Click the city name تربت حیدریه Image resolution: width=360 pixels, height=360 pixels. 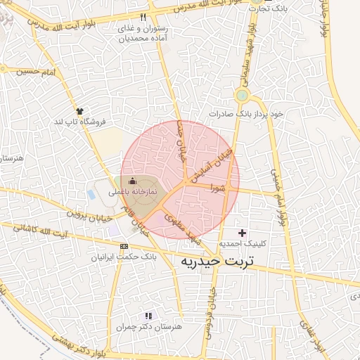coord(215,262)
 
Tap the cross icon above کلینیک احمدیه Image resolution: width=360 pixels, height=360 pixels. coord(243,233)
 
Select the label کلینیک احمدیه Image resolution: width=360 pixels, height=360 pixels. coord(243,244)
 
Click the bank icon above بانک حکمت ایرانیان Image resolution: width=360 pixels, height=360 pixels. coord(124,246)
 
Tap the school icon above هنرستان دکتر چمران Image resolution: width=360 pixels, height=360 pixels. coord(148,316)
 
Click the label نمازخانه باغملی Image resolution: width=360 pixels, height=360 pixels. coord(133,191)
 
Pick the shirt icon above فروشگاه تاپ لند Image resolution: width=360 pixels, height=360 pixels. coord(79,111)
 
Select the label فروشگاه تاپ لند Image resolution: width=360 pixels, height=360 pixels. coord(79,122)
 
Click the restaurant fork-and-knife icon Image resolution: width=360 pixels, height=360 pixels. coord(143,16)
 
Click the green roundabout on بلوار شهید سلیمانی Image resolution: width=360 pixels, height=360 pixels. coord(242,95)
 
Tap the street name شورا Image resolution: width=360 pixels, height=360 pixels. coord(216,188)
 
